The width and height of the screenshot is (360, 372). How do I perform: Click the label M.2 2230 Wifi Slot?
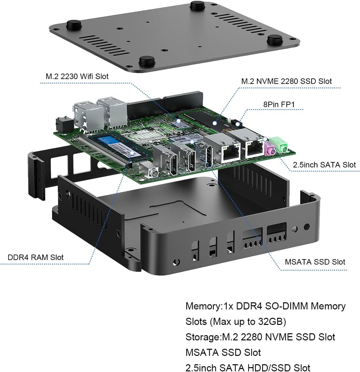77,76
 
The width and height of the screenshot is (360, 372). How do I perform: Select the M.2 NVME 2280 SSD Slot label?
286,81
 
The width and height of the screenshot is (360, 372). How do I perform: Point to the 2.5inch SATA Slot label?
324,165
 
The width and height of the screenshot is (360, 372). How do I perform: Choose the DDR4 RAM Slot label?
36,257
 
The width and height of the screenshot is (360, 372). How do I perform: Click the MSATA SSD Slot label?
315,262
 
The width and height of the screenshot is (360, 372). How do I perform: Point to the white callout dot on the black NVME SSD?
215,123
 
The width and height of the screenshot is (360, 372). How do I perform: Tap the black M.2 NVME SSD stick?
206,121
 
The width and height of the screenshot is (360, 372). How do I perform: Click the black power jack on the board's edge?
63,125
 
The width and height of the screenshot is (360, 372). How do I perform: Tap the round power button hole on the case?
307,227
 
